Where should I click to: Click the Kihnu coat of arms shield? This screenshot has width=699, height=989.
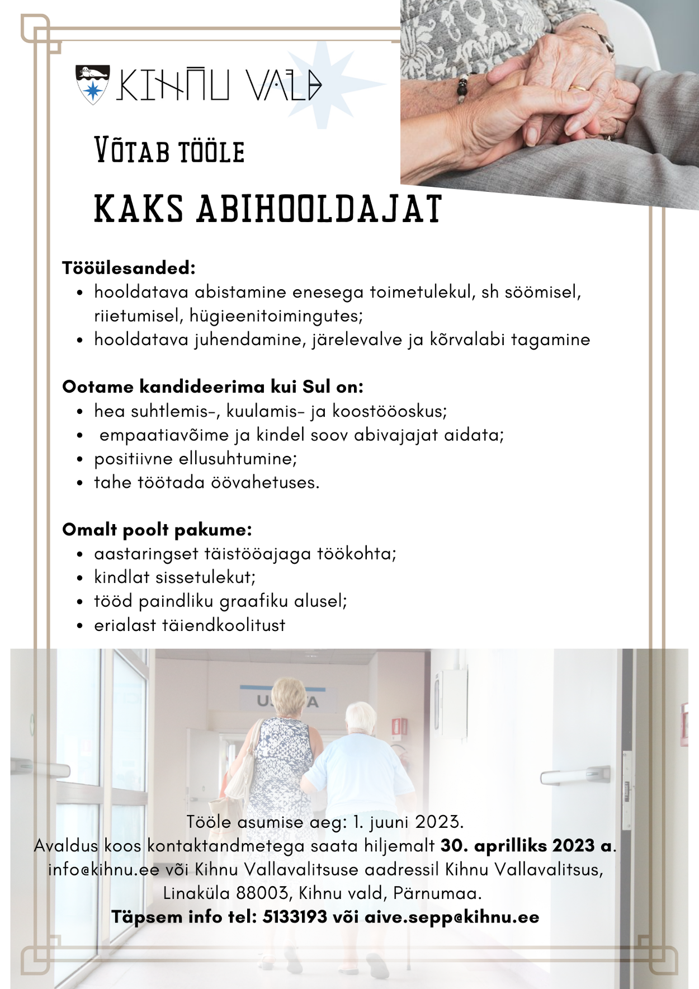(92, 84)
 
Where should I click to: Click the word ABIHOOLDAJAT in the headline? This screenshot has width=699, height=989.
(319, 209)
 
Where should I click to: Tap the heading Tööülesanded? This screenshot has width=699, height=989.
(129, 268)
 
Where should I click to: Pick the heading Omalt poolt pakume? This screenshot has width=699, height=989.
(157, 530)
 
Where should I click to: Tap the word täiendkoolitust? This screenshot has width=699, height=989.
(224, 625)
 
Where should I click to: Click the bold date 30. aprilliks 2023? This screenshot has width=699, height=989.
(517, 845)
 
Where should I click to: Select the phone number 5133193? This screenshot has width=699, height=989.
(295, 917)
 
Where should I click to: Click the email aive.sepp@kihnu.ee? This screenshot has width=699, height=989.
(452, 917)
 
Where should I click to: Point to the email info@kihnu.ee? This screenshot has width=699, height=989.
(104, 869)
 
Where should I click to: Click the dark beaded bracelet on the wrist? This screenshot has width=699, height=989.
(462, 89)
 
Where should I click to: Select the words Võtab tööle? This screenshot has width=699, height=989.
(169, 151)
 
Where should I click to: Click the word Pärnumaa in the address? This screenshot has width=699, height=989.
(436, 893)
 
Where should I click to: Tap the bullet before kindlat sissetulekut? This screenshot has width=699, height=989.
(81, 578)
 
